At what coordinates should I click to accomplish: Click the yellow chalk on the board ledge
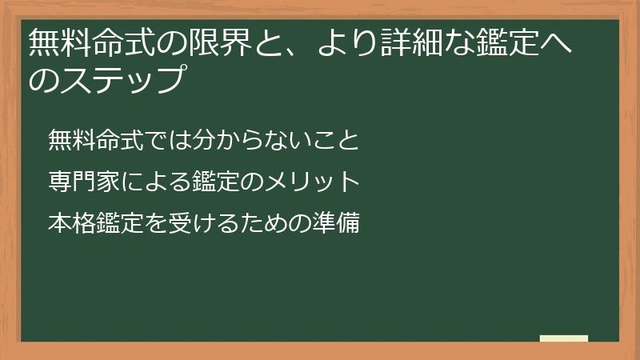(x=564, y=338)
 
